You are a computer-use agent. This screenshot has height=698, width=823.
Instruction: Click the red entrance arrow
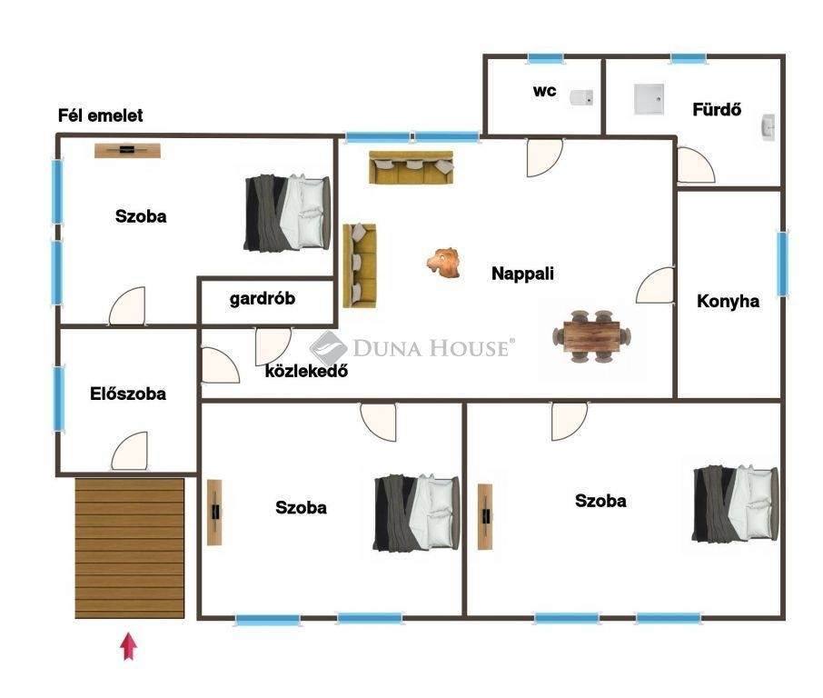point(129,646)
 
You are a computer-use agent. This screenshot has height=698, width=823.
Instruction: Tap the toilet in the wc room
point(582,97)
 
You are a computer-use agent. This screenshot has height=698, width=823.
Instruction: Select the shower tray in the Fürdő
point(649,99)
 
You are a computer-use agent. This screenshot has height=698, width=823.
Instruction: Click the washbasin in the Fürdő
point(768,127)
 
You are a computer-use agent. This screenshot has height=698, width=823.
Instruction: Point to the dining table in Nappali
point(591,336)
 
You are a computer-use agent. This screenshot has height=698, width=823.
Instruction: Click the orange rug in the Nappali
point(443,263)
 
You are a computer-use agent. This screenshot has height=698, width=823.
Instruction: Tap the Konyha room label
point(728,301)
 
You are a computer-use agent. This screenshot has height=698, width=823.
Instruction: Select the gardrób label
point(263,299)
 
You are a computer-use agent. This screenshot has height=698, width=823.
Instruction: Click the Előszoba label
point(128,394)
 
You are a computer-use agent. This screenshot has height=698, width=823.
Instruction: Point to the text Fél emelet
point(100,115)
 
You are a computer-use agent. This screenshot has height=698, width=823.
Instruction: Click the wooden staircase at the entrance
point(130,548)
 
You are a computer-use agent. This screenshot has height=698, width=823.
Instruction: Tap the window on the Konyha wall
point(782,264)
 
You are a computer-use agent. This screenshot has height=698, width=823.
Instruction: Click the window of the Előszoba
point(59,399)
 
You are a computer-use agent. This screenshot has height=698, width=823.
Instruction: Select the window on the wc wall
point(545,58)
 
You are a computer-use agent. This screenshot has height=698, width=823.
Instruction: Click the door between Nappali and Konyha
point(655,285)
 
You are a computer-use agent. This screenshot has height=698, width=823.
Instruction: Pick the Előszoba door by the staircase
point(129,451)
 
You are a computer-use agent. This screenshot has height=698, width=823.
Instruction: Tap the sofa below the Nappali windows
point(411,167)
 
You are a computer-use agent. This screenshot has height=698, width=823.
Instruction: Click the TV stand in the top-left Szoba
point(127,150)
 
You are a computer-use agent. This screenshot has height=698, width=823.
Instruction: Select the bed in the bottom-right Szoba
point(736,504)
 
